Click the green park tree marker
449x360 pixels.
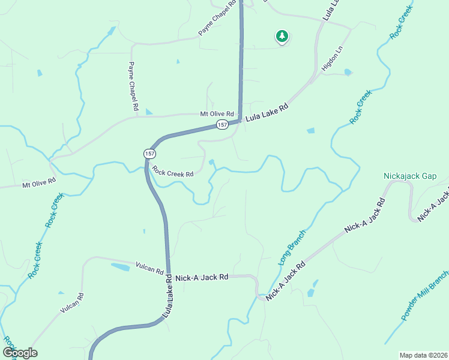tap(282, 37)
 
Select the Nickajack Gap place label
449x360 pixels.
tap(411, 176)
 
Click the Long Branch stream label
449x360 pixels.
tap(292, 247)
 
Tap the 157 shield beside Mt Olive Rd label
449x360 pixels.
tap(222, 124)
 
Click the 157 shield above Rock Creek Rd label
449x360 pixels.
tap(148, 154)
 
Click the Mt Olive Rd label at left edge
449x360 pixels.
tap(39, 182)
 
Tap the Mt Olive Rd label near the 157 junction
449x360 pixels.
tap(216, 114)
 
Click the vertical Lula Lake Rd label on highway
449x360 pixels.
tap(168, 296)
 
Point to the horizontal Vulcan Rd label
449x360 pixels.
tap(149, 268)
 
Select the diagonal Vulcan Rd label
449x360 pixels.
tap(72, 304)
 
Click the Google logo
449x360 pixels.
tap(20, 353)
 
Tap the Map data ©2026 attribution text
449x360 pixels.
tap(423, 355)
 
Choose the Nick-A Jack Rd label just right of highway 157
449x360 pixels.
tap(202, 277)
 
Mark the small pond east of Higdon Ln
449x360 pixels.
tap(348, 73)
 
